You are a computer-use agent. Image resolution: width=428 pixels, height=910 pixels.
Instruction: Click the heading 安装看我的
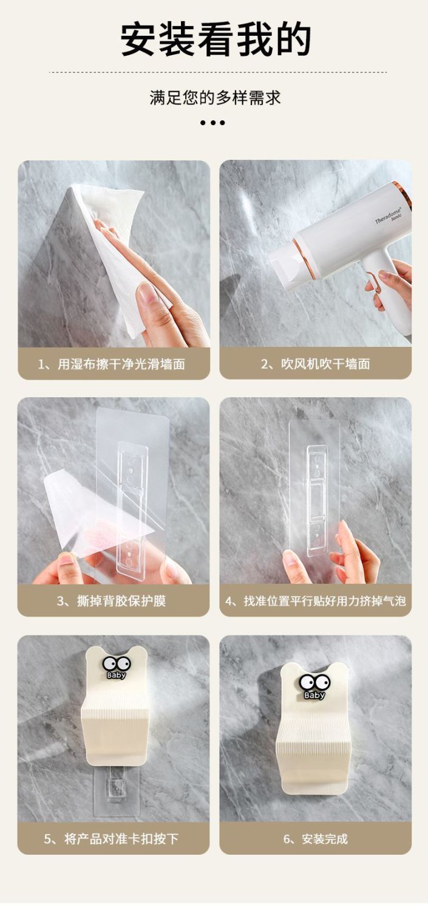click(x=216, y=40)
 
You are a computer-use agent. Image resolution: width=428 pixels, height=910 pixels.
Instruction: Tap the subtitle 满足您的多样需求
click(x=216, y=98)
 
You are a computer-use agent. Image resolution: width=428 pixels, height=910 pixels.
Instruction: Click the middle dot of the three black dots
click(x=212, y=123)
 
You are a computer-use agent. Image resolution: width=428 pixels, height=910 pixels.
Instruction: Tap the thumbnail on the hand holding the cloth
click(x=147, y=293)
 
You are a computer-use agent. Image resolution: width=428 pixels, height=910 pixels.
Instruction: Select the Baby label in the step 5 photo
click(x=116, y=675)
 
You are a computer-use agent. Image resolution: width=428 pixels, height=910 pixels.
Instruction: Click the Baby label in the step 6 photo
click(x=314, y=695)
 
